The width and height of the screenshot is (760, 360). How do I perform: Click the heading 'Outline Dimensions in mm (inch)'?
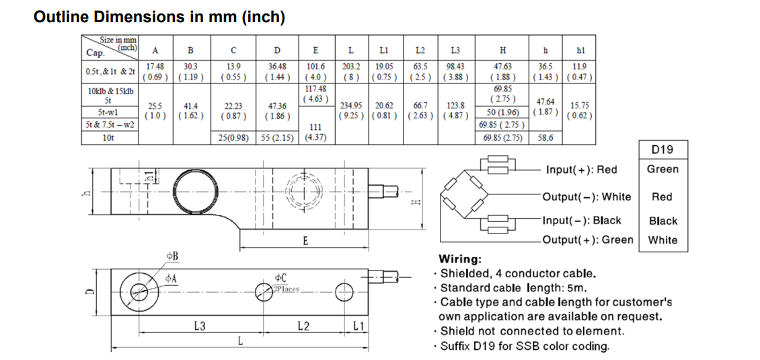click(159, 17)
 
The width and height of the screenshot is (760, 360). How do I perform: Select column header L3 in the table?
click(455, 50)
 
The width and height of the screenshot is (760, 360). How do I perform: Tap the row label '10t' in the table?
click(108, 138)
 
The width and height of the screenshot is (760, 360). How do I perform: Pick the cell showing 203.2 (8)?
click(350, 71)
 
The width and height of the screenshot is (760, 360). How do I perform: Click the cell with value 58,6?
click(545, 138)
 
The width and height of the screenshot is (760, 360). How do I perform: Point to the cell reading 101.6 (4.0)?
click(315, 71)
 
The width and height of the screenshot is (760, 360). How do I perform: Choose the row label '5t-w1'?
click(108, 112)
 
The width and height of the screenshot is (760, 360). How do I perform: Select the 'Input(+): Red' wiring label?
click(581, 170)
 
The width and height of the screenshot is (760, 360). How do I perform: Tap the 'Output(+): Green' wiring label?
click(588, 240)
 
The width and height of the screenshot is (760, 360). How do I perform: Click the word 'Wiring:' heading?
click(459, 259)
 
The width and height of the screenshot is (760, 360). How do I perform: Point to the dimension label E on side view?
click(305, 241)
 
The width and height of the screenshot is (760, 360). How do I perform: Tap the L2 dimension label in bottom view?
click(303, 326)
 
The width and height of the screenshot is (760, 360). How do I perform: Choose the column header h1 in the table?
click(580, 50)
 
